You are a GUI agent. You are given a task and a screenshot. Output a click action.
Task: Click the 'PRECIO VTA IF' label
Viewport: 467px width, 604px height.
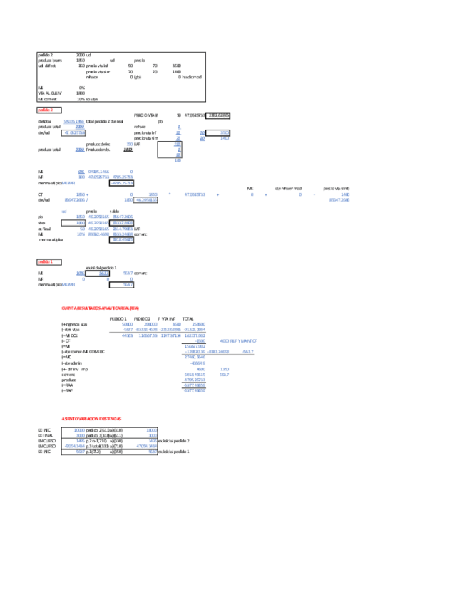pyautogui.click(x=146, y=114)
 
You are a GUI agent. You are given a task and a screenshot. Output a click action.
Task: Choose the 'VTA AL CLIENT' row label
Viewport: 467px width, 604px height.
pyautogui.click(x=49, y=93)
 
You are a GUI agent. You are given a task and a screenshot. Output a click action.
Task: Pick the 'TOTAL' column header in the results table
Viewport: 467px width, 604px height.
pyautogui.click(x=189, y=318)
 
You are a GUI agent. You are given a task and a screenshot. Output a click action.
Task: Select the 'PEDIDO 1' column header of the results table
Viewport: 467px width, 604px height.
pyautogui.click(x=118, y=318)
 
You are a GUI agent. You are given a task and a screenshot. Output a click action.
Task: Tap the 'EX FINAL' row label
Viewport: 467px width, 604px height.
pyautogui.click(x=46, y=435)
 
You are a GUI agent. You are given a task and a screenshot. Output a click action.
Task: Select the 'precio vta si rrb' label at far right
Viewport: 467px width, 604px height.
pyautogui.click(x=337, y=188)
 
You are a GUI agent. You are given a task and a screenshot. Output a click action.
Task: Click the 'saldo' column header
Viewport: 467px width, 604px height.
pyautogui.click(x=114, y=212)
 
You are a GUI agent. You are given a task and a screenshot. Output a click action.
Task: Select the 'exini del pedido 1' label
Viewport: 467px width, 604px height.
pyautogui.click(x=101, y=267)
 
